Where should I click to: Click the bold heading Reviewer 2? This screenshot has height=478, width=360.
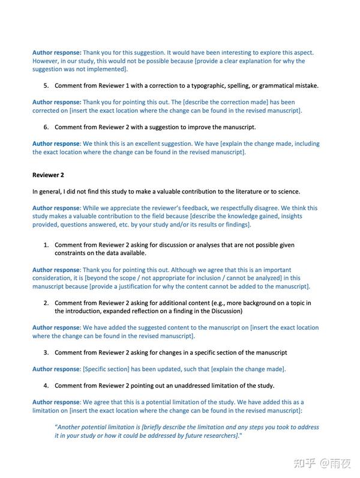pos(48,175)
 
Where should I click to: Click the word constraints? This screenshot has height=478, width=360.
pos(71,253)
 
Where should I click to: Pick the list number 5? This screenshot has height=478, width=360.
pos(46,85)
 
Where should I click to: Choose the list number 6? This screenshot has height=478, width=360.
pos(46,127)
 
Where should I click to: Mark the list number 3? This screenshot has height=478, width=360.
pos(46,352)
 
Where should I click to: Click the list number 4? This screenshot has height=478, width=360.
pos(46,385)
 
